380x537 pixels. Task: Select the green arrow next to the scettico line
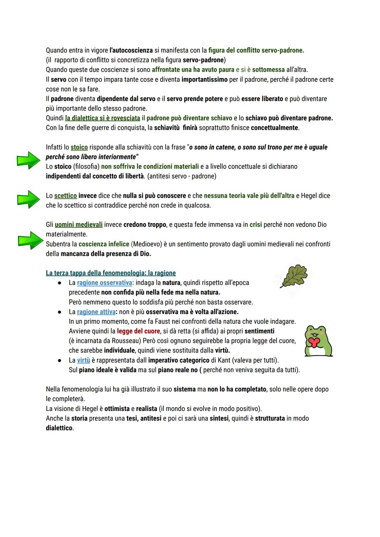28,199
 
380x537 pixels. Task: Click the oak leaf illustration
294,276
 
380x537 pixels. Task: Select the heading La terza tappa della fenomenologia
111,273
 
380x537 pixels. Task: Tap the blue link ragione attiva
96,312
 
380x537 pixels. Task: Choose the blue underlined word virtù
83,360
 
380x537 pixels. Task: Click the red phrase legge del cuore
139,331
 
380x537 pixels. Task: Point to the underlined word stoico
79,147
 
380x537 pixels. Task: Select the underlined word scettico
65,195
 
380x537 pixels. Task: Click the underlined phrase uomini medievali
79,225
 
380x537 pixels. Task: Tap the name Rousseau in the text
126,341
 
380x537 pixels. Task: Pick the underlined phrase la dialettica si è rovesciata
102,118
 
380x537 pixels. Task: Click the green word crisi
256,225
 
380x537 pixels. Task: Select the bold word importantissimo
204,80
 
